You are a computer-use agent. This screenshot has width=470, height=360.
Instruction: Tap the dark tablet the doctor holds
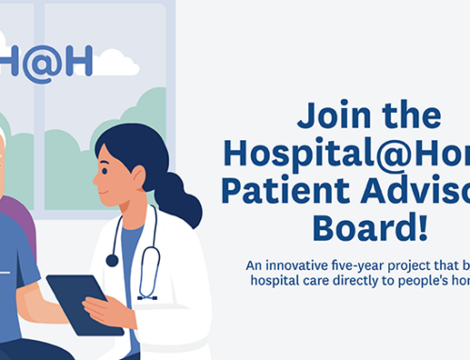(x=85, y=303)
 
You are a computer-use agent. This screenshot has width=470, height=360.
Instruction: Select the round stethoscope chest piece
(x=113, y=260)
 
